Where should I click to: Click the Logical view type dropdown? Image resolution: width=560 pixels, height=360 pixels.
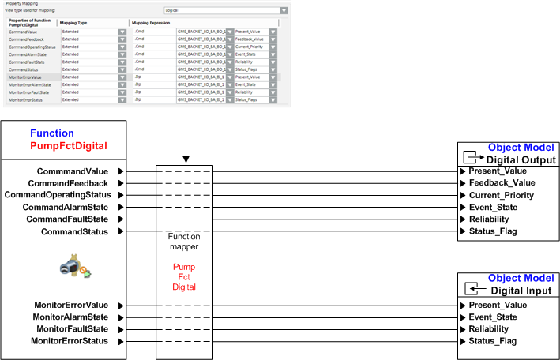point(225,12)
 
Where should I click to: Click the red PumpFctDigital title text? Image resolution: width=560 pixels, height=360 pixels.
point(68,146)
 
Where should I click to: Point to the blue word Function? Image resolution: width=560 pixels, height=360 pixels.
point(51,133)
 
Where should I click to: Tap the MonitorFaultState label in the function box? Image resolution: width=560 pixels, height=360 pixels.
point(72,328)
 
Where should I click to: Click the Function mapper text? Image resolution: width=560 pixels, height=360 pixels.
point(186,242)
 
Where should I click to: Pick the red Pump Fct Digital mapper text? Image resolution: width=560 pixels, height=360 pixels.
point(186,277)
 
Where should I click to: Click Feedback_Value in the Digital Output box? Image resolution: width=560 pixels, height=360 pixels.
point(502,182)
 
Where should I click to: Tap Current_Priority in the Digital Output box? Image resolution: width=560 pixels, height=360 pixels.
point(502,195)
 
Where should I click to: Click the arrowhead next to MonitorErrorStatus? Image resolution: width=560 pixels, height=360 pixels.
point(120,341)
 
